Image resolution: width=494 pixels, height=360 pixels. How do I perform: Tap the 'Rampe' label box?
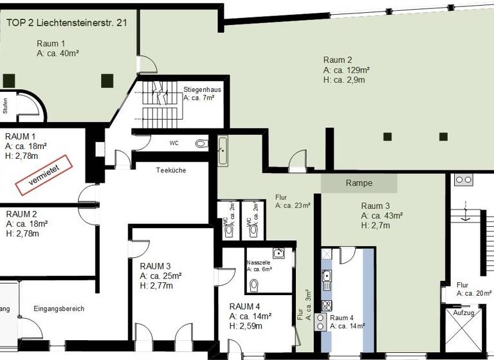coord(359,183)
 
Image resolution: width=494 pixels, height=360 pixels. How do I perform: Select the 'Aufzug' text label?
coord(463,312)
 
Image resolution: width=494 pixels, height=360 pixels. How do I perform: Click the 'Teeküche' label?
coord(170,170)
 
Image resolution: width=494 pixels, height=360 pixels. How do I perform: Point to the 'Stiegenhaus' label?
coord(202,89)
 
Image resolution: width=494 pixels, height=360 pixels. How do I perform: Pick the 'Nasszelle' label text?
coord(259,262)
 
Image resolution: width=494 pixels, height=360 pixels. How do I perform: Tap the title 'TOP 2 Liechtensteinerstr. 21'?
coord(66,22)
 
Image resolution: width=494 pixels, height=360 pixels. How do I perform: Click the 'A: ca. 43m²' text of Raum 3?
coord(382,215)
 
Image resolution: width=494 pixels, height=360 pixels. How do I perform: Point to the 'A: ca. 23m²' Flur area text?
coord(293,206)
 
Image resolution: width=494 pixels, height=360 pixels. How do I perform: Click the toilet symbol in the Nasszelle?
coord(254,283)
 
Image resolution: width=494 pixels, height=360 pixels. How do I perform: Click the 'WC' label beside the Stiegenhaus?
coord(174,143)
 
